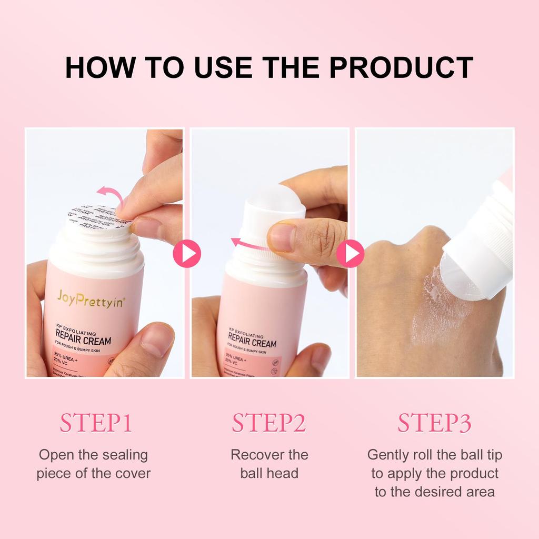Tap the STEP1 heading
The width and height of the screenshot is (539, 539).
95,423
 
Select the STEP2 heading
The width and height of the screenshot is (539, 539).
269,423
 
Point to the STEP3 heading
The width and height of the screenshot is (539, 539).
434,423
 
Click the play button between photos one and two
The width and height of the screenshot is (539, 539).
187,254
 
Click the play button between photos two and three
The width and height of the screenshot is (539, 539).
351,254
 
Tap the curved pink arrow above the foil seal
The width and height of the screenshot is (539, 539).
112,195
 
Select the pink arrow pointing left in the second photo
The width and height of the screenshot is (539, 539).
250,245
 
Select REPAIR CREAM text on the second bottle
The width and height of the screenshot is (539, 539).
252,343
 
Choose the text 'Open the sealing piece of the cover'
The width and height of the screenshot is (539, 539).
94,464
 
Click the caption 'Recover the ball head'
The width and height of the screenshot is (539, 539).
269,464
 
